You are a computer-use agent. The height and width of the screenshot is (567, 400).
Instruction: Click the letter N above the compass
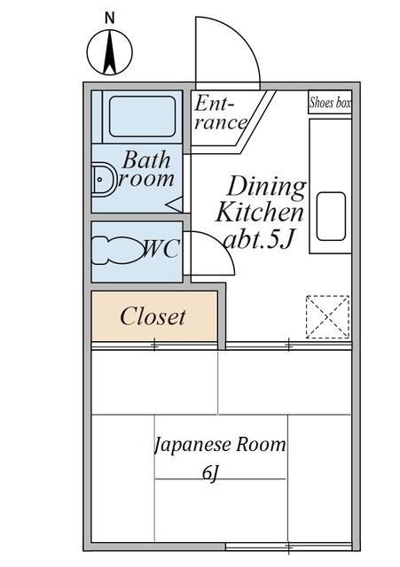pos(109,18)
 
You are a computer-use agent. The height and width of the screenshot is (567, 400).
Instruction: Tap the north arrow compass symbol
pos(109,52)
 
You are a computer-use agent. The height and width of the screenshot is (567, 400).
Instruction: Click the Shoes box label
pos(330,103)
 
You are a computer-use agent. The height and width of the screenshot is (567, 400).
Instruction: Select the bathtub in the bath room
pos(142,116)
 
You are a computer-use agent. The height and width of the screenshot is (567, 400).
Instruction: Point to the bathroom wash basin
pos(103,180)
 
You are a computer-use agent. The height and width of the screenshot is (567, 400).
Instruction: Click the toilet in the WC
pos(116,251)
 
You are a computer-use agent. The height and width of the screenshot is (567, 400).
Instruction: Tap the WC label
pos(161,249)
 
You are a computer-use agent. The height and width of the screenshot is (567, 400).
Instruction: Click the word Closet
pos(153,316)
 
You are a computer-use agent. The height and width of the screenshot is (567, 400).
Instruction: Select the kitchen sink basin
pos(331,216)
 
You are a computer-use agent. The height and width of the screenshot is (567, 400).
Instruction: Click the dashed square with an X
pos(327,317)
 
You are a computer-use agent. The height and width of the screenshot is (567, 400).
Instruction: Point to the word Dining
pos(267,188)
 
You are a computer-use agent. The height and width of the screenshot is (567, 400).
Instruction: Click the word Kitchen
pos(260,212)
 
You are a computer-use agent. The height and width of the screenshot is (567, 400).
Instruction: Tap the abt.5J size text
pos(258,238)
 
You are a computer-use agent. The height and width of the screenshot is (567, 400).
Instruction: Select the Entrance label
pos(220,113)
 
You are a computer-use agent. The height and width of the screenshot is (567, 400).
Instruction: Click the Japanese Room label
pos(220,445)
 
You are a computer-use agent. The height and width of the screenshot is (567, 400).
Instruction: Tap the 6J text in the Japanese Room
pos(211,473)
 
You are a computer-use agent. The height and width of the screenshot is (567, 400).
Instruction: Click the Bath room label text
pos(146,169)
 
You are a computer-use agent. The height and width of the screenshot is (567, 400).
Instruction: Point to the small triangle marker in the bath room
pos(175,205)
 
